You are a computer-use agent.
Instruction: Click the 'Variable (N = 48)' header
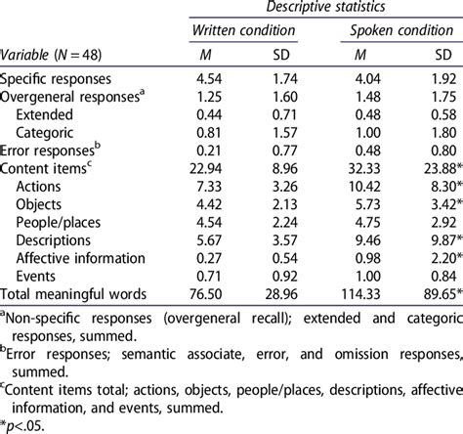pyautogui.click(x=51, y=56)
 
